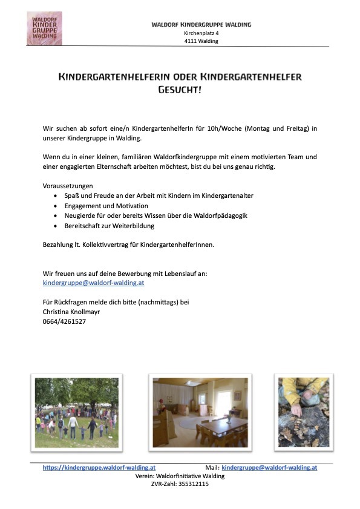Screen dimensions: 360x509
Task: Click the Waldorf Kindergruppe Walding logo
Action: pos(44,28)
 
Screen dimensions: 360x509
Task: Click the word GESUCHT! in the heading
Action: pos(179,90)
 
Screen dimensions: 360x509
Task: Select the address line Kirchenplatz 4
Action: pos(201,33)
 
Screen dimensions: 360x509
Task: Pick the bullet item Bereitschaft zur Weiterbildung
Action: pos(110,225)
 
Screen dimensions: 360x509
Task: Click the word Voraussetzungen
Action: pos(68,186)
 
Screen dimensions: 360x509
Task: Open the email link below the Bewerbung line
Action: pos(93,283)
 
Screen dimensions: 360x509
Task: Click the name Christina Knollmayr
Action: pos(71,312)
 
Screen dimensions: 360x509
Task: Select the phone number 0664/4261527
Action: pos(64,321)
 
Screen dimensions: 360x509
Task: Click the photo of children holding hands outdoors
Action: pos(77,412)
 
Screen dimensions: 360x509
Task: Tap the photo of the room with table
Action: pos(200,412)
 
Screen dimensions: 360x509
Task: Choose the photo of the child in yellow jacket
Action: pos(304,412)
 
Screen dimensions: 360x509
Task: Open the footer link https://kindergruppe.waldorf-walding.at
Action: pos(99,467)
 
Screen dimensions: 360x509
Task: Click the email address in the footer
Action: pos(269,467)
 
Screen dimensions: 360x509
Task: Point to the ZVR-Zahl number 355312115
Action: pos(193,484)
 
